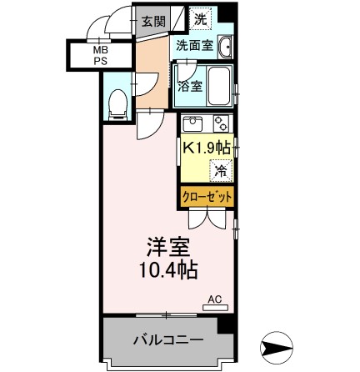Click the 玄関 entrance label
click(x=152, y=21)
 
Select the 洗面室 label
click(x=193, y=47)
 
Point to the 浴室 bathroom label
click(x=190, y=86)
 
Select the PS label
click(x=98, y=62)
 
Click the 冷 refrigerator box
click(x=221, y=171)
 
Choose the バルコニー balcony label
click(x=167, y=340)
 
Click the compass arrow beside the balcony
click(x=277, y=343)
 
